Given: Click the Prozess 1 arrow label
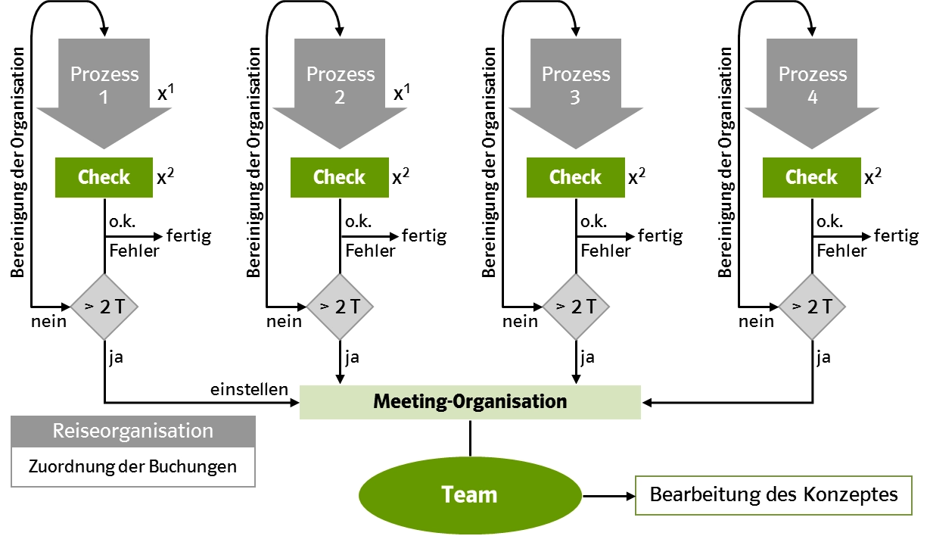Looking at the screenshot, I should click(x=104, y=86).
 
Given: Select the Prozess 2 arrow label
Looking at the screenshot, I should click(x=340, y=86).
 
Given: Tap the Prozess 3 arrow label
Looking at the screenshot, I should click(x=576, y=86).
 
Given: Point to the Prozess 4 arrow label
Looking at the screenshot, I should click(x=812, y=86).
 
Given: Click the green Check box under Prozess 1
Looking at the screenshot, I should click(x=104, y=177).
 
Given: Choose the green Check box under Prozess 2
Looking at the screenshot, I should click(x=340, y=177).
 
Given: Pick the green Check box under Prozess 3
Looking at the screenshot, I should click(x=576, y=177).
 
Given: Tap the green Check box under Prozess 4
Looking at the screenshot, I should click(x=812, y=177).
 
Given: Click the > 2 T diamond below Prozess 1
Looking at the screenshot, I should click(x=104, y=307).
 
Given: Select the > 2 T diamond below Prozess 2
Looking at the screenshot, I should click(x=340, y=307).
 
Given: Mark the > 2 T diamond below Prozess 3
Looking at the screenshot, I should click(x=576, y=307).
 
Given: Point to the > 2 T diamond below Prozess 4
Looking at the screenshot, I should click(x=812, y=307).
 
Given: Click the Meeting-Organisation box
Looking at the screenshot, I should click(x=470, y=401).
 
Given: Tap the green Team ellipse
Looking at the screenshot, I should click(x=470, y=495).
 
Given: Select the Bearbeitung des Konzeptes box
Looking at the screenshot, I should click(x=773, y=495).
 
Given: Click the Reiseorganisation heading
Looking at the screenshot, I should click(x=132, y=431).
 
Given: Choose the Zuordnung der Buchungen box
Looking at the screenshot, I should click(x=132, y=466).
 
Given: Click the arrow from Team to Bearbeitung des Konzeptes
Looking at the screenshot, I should click(x=609, y=496).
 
